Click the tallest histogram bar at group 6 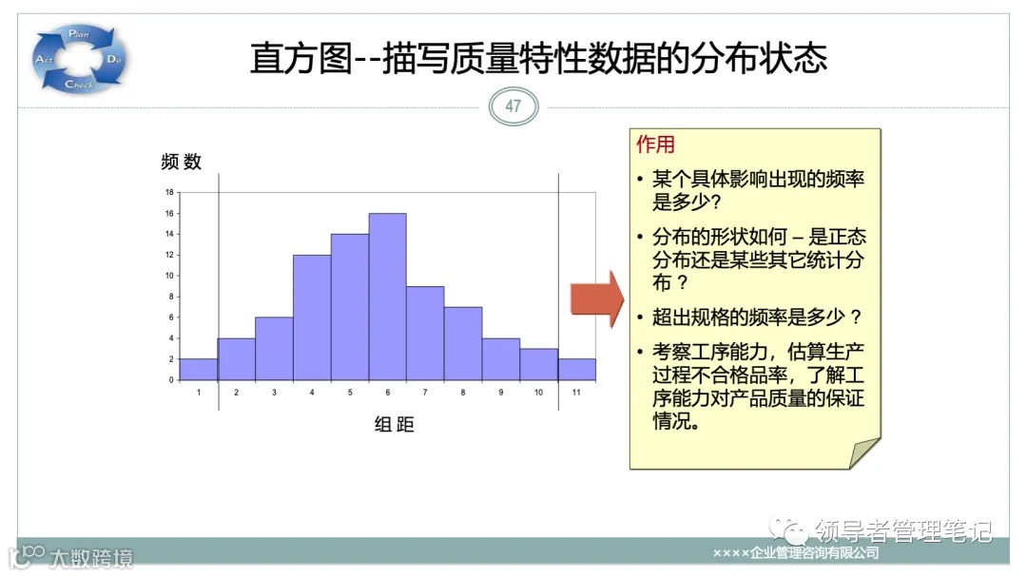click(387, 297)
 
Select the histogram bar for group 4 click(312, 317)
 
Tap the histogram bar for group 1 click(199, 370)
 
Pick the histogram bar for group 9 click(500, 359)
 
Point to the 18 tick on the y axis click(169, 192)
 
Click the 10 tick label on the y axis click(169, 276)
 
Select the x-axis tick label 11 click(576, 393)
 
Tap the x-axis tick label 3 click(274, 393)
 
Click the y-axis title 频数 click(182, 162)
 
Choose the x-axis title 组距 click(395, 425)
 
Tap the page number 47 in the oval click(513, 106)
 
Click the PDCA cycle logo click(80, 59)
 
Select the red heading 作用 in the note click(655, 144)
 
